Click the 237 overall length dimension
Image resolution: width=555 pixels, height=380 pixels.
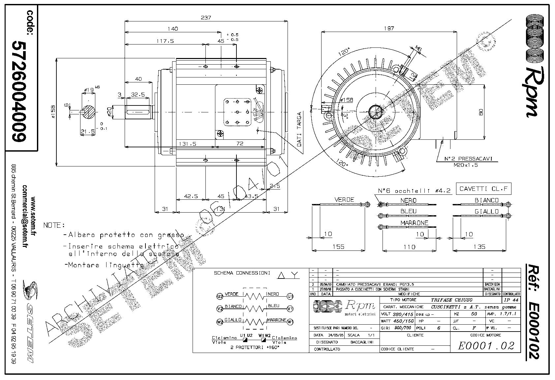pyautogui.click(x=206, y=17)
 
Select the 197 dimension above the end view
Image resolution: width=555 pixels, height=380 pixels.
pyautogui.click(x=389, y=29)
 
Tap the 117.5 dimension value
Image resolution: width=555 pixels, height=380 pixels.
pyautogui.click(x=165, y=41)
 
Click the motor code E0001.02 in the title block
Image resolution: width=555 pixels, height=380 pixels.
pyautogui.click(x=486, y=345)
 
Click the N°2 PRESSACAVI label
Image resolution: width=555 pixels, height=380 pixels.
pyautogui.click(x=468, y=159)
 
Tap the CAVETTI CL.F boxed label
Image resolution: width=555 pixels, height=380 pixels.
pyautogui.click(x=483, y=189)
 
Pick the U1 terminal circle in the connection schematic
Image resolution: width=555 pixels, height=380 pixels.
pyautogui.click(x=290, y=296)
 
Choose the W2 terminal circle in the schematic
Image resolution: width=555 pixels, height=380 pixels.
pyautogui.click(x=220, y=322)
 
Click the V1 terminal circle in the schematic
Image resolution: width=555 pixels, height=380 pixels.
pyautogui.click(x=290, y=309)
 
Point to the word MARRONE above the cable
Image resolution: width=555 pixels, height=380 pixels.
pyautogui.click(x=414, y=223)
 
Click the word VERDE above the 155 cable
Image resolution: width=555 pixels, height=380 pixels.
pyautogui.click(x=344, y=200)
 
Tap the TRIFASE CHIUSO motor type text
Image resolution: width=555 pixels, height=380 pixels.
pyautogui.click(x=451, y=300)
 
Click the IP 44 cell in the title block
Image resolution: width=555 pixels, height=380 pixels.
pyautogui.click(x=511, y=300)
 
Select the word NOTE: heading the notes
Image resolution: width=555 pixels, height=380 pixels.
pyautogui.click(x=54, y=225)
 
